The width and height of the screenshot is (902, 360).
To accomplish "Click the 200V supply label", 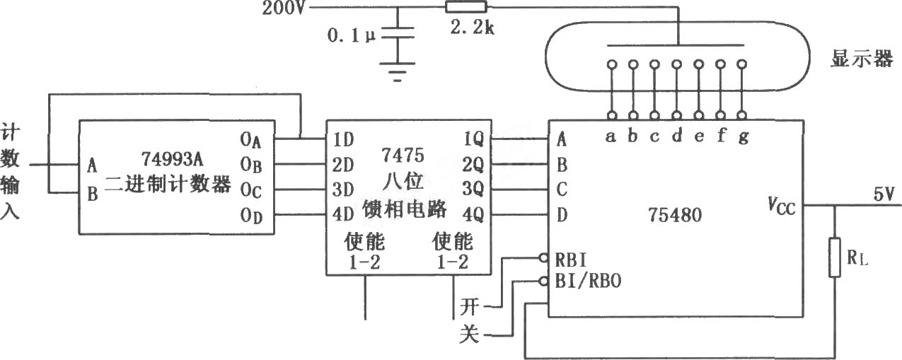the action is [x=284, y=8].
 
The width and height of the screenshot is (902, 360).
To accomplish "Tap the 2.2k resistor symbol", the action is [x=466, y=7].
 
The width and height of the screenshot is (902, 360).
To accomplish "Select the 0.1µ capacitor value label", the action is [x=351, y=35].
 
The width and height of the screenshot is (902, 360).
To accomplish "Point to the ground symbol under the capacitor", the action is [x=398, y=72].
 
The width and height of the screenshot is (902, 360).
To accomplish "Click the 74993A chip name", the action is [x=173, y=159].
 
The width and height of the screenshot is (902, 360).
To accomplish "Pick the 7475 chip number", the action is [x=403, y=155].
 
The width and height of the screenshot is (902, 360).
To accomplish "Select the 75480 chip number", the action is [x=675, y=214].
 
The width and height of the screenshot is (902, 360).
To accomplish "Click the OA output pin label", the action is [x=250, y=140].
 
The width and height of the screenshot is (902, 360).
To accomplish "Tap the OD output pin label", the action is [x=251, y=216].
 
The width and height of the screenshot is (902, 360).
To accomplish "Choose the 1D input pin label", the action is [x=344, y=139].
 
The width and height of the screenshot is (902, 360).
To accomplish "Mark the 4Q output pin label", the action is [x=473, y=214].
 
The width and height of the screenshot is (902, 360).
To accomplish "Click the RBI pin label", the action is [x=571, y=260].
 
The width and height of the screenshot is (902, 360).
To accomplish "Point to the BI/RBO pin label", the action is [x=588, y=281].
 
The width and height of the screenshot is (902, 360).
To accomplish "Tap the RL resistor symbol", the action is [x=835, y=257].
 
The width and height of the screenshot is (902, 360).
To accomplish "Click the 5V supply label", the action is [x=884, y=194].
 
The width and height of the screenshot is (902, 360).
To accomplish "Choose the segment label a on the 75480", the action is [x=611, y=137].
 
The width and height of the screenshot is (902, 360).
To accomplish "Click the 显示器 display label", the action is [x=862, y=59].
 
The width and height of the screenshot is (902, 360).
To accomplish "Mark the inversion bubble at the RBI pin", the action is [x=543, y=257].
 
